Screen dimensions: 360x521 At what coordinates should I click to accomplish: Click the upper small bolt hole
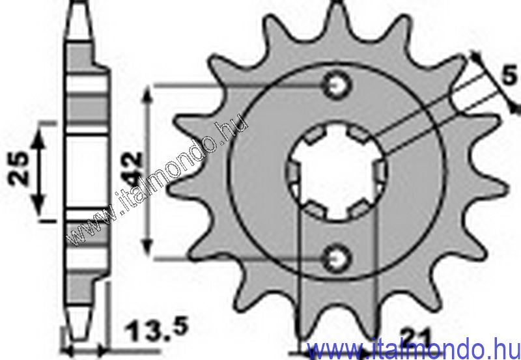338,85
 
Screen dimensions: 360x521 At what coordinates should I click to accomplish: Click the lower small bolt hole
338,258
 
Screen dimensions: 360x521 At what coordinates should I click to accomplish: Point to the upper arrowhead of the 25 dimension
41,129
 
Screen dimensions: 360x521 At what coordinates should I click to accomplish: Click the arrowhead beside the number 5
479,57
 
